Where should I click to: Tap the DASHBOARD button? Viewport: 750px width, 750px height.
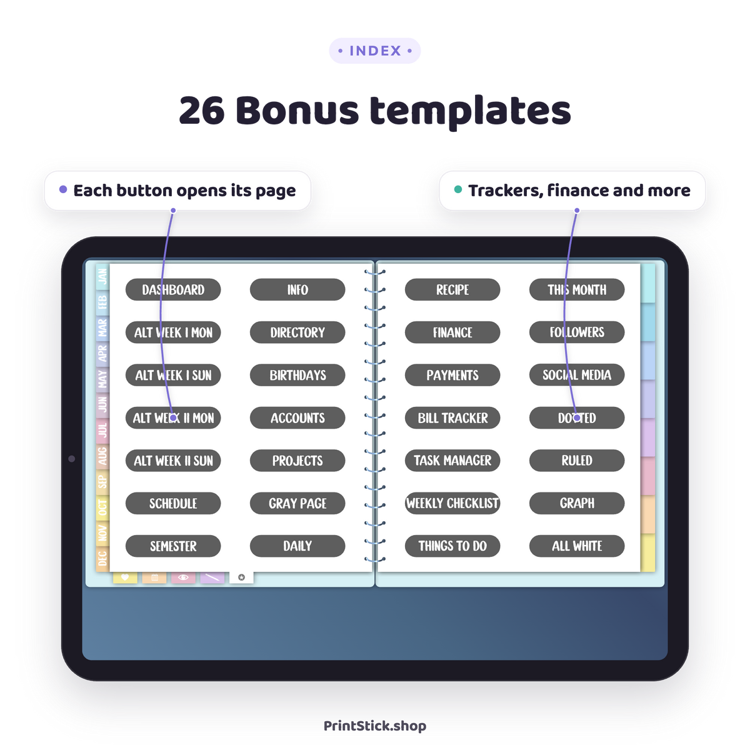click(173, 289)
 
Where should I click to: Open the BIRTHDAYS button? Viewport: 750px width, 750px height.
click(297, 375)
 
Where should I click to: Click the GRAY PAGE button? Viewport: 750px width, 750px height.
click(297, 503)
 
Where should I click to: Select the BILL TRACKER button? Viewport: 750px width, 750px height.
click(452, 418)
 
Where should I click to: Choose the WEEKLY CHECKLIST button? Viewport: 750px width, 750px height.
click(452, 503)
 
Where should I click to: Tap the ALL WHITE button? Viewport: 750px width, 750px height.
click(577, 546)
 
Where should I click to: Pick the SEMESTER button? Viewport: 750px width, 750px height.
click(173, 546)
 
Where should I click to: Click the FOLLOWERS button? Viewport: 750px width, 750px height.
click(577, 332)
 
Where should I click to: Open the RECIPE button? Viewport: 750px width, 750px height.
click(452, 289)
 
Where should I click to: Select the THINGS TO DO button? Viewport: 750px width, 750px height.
click(452, 546)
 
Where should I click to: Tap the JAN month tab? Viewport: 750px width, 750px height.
click(102, 277)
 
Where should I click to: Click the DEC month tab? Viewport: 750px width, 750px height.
click(102, 559)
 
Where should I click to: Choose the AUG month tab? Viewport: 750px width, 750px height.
click(102, 456)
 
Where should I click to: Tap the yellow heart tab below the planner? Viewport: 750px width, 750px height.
click(125, 577)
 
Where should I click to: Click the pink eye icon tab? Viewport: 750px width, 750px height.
click(183, 577)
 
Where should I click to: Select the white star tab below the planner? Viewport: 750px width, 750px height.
click(241, 577)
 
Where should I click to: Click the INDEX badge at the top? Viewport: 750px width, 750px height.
click(375, 51)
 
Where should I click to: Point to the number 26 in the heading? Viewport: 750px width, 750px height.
click(202, 111)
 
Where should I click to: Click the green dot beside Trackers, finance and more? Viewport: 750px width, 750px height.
click(458, 189)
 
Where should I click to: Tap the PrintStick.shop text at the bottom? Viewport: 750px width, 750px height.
click(375, 726)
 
